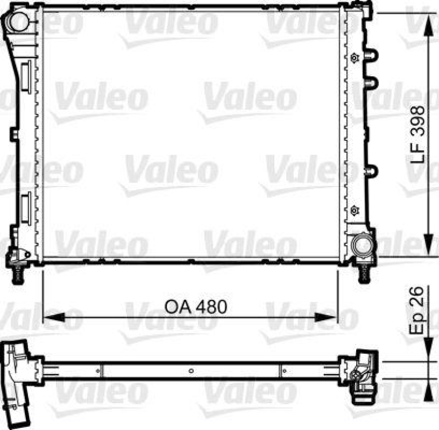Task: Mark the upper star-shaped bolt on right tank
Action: [x=354, y=58]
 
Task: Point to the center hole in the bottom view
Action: [x=190, y=371]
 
